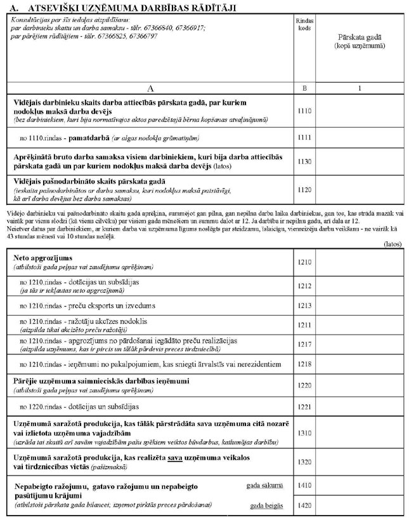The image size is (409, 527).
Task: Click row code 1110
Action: click(x=304, y=111)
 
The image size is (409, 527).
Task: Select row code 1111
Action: click(x=304, y=137)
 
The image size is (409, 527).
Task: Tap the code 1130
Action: click(x=304, y=162)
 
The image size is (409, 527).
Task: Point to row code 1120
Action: click(x=304, y=189)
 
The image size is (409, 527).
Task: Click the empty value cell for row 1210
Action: click(x=360, y=262)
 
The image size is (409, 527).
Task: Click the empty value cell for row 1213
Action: click(x=360, y=306)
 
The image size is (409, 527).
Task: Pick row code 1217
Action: click(x=304, y=345)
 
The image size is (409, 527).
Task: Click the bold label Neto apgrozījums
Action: click(x=43, y=258)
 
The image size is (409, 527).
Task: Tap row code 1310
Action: click(x=304, y=433)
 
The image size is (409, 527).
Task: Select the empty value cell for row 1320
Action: click(x=360, y=462)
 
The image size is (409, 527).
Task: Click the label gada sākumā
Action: click(x=264, y=486)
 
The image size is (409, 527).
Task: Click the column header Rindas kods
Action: click(x=304, y=25)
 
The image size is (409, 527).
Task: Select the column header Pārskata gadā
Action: click(x=360, y=37)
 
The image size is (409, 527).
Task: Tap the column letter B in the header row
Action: click(x=304, y=88)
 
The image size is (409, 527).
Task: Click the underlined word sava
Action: click(x=176, y=458)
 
